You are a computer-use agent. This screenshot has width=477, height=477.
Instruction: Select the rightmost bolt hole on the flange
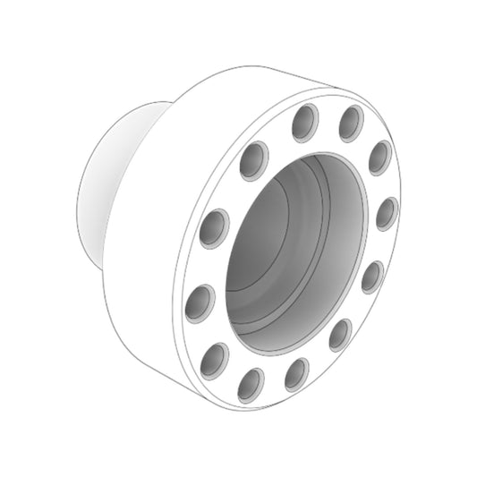pyautogui.click(x=386, y=214)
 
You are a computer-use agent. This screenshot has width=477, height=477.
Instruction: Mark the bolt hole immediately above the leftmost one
pyautogui.click(x=215, y=227)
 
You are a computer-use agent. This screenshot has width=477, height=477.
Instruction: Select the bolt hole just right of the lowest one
pyautogui.click(x=297, y=373)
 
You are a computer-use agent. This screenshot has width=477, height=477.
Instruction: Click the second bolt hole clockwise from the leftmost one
pyautogui.click(x=253, y=162)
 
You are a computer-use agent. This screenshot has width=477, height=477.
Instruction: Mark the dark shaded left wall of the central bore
pyautogui.click(x=246, y=268)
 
